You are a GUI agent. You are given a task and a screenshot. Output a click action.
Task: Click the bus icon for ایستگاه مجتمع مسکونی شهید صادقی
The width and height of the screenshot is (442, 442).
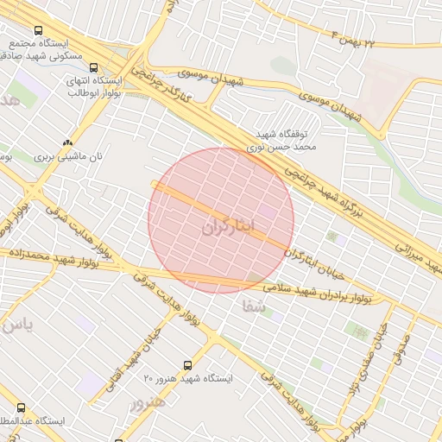pyautogui.click(x=36, y=30)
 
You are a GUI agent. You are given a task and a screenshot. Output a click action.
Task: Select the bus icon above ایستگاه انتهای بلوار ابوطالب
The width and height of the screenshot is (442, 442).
pyautogui.click(x=93, y=67)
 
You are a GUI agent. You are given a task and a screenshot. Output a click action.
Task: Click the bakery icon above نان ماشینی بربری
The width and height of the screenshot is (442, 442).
pyautogui.click(x=67, y=142)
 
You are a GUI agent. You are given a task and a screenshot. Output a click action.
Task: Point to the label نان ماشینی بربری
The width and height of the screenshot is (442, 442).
pyautogui.click(x=67, y=158)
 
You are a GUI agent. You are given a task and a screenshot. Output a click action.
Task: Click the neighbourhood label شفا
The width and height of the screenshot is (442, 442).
pyautogui.click(x=253, y=306)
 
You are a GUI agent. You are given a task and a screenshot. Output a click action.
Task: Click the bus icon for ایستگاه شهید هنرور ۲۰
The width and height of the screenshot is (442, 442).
pyautogui.click(x=188, y=366)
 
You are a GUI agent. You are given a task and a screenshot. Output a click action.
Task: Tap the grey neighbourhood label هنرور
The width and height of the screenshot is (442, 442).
pyautogui.click(x=146, y=404)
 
